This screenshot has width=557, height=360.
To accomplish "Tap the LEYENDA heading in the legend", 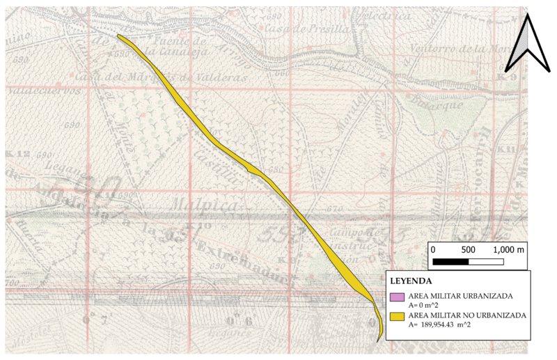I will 411,281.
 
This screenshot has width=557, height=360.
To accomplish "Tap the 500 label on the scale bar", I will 468,249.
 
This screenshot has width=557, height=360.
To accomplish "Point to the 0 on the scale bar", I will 433,249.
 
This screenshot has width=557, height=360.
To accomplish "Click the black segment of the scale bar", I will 450,262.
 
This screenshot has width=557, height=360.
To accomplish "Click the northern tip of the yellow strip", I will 119,36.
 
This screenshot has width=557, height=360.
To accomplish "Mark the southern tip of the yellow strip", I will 377,341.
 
